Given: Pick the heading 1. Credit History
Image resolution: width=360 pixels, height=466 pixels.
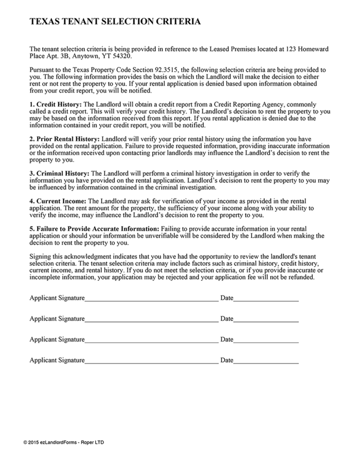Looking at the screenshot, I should (x=56, y=104).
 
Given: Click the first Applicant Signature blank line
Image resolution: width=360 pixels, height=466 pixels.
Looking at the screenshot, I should (x=151, y=299).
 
